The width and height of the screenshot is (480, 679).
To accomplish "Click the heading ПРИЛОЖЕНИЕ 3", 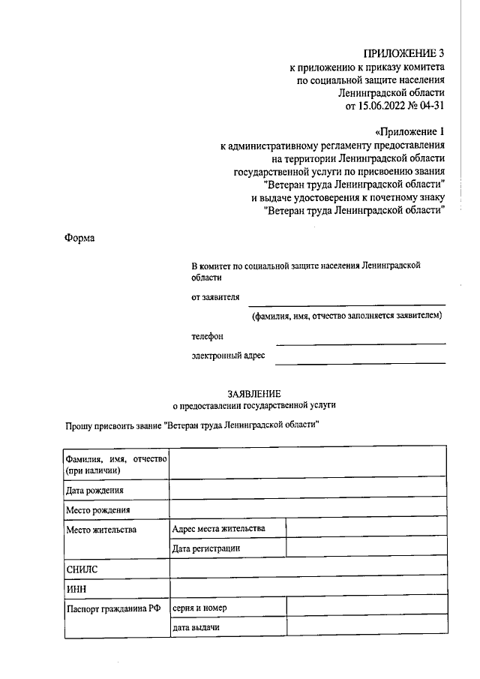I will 404,53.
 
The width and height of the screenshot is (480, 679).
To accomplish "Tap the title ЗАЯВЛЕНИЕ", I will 254,392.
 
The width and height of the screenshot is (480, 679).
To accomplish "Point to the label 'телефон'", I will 208,337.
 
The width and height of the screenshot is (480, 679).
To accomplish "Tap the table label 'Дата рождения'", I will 94,490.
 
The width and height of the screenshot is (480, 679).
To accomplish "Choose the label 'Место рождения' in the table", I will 98,510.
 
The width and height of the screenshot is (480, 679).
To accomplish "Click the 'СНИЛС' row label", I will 82,569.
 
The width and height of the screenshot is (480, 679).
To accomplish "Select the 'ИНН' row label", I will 77,589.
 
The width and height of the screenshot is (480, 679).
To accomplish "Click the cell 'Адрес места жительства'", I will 218,529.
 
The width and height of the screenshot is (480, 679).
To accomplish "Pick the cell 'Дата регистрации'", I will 206,548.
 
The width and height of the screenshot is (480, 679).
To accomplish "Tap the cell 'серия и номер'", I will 199,608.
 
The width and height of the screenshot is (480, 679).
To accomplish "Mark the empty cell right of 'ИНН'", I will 307,589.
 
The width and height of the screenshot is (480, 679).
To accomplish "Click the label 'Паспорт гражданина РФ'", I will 113,608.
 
